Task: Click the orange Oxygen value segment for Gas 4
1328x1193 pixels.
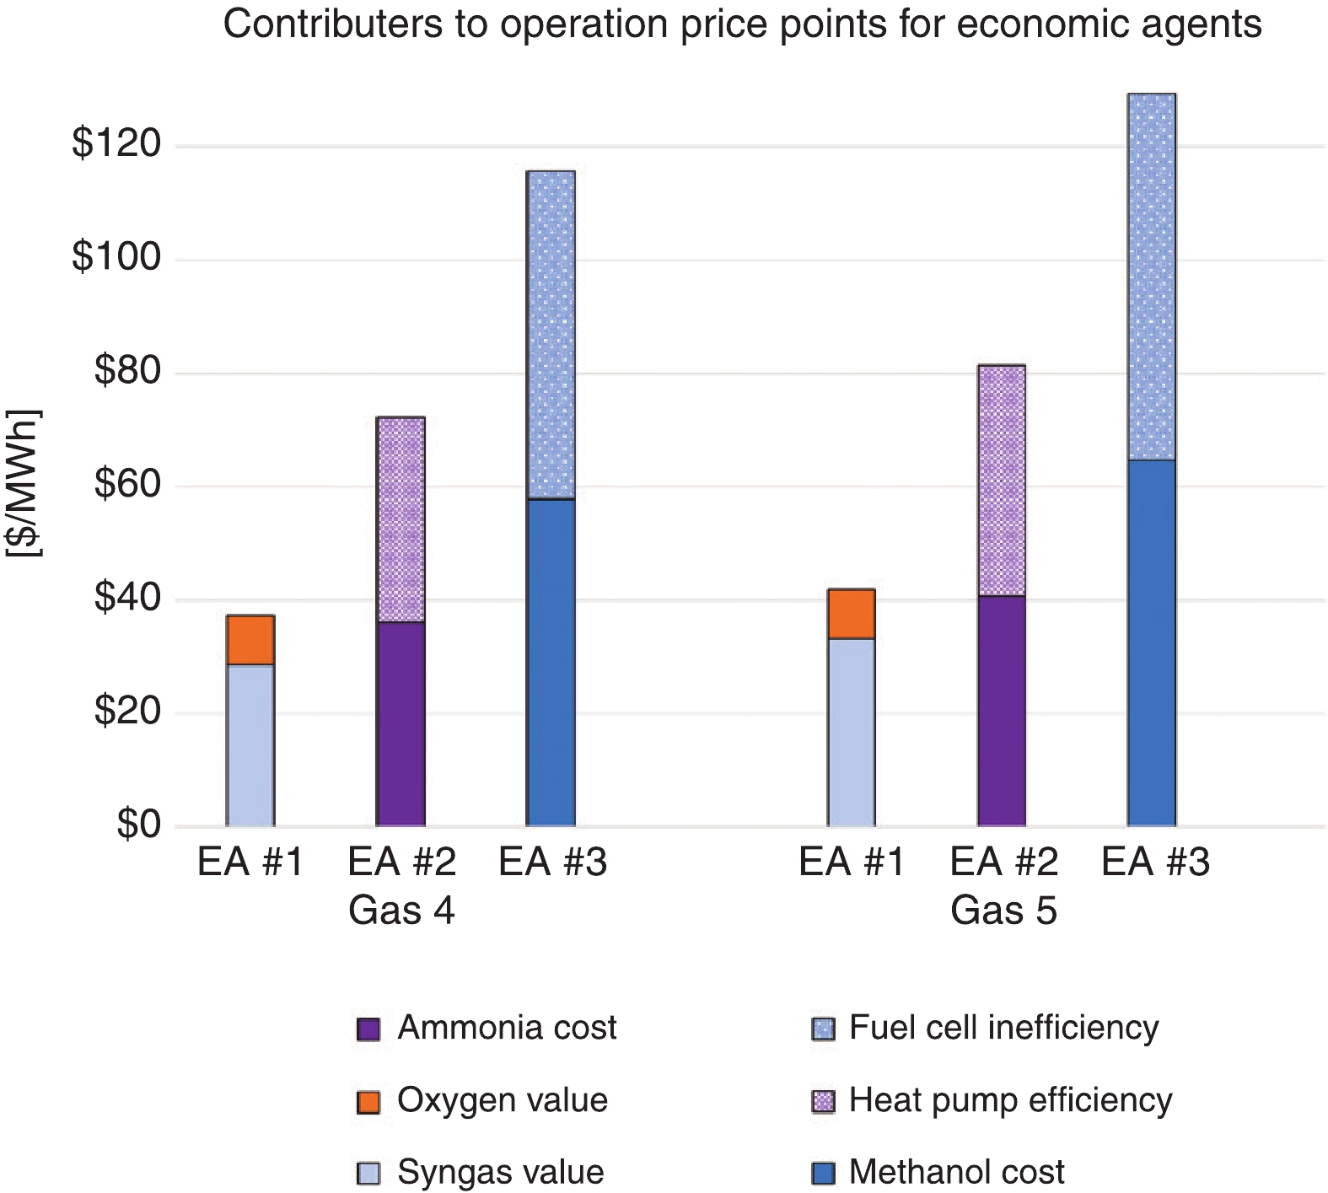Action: [250, 640]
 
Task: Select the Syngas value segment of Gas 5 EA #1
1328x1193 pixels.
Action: [851, 732]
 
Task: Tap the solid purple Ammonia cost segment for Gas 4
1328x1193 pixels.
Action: [401, 723]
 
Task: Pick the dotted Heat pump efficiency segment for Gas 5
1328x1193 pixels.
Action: [1002, 481]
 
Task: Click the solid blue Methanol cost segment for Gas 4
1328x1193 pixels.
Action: [551, 662]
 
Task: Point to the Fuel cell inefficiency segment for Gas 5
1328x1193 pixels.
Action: [1152, 277]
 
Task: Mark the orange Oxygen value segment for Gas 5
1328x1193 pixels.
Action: [851, 614]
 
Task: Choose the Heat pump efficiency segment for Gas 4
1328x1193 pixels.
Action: [401, 519]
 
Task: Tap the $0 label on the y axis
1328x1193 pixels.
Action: [138, 825]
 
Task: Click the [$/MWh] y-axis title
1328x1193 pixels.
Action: [24, 483]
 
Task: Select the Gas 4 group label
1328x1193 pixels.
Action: [401, 911]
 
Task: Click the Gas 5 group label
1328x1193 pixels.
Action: [1003, 911]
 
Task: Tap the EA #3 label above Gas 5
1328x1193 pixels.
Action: [1155, 863]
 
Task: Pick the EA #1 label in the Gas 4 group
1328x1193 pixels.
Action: [250, 863]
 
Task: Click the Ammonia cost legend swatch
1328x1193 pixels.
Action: [368, 1029]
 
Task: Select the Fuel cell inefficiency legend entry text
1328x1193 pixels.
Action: [1003, 1028]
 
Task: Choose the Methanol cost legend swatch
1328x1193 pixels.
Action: [823, 1173]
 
